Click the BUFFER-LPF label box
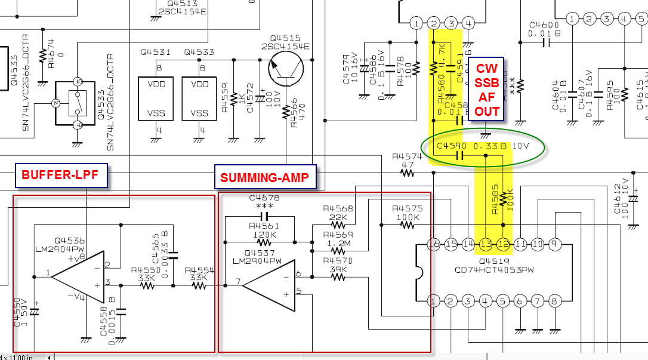coord(61,175)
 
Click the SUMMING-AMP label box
coord(264,177)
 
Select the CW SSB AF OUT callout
coord(486,90)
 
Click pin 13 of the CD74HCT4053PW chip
coord(486,244)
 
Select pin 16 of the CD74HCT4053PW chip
coord(434,244)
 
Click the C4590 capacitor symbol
coord(459,156)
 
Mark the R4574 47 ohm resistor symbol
coord(407,173)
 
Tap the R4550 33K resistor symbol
coord(147,285)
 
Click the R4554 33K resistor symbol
coord(199,285)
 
